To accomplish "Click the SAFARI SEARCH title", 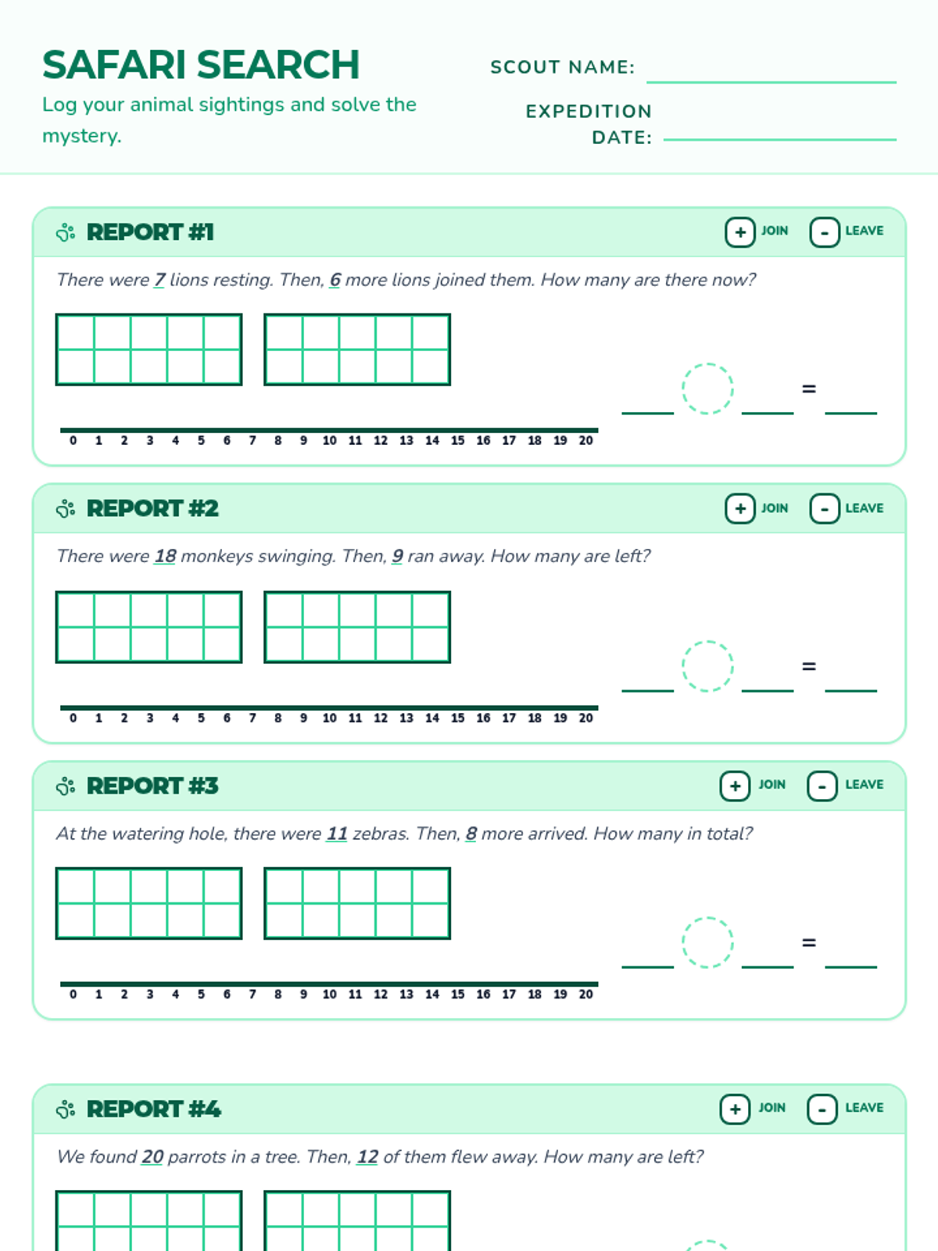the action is tap(201, 64).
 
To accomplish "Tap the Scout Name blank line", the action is tap(772, 82).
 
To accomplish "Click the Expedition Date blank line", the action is tap(779, 139).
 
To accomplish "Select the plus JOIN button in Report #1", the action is tap(739, 232).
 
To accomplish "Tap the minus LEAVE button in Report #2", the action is tap(824, 508).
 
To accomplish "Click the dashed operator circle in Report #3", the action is tap(707, 942).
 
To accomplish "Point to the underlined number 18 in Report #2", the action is tap(165, 556).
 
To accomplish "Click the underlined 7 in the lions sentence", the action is tap(159, 280).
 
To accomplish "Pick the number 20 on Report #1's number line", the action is tap(585, 440).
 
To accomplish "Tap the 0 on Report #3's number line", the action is tap(73, 994).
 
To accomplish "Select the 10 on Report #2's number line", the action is tap(329, 718).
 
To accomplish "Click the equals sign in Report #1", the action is tap(809, 389).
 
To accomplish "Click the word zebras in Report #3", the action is tap(380, 833).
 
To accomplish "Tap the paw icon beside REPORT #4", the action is tap(66, 1109).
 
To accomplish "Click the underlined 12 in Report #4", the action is tap(367, 1157).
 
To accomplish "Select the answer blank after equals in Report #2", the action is tap(851, 690).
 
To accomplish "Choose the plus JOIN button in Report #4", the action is tap(735, 1109).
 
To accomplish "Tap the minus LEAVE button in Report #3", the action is tap(822, 787).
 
